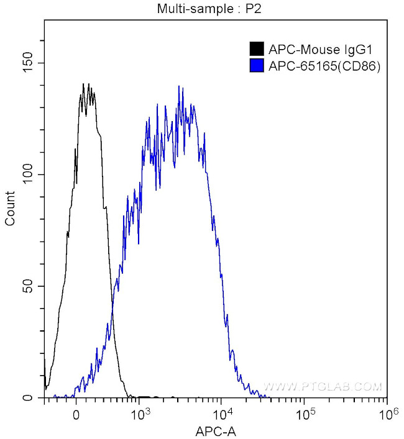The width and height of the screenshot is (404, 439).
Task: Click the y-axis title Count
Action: (x=10, y=211)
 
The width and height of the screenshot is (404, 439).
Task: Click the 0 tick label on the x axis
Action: (x=76, y=413)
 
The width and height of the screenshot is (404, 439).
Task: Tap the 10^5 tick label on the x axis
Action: (x=305, y=412)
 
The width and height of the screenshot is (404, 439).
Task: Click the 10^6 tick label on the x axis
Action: (x=387, y=412)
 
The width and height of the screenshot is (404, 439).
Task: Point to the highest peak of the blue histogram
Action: (x=179, y=86)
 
